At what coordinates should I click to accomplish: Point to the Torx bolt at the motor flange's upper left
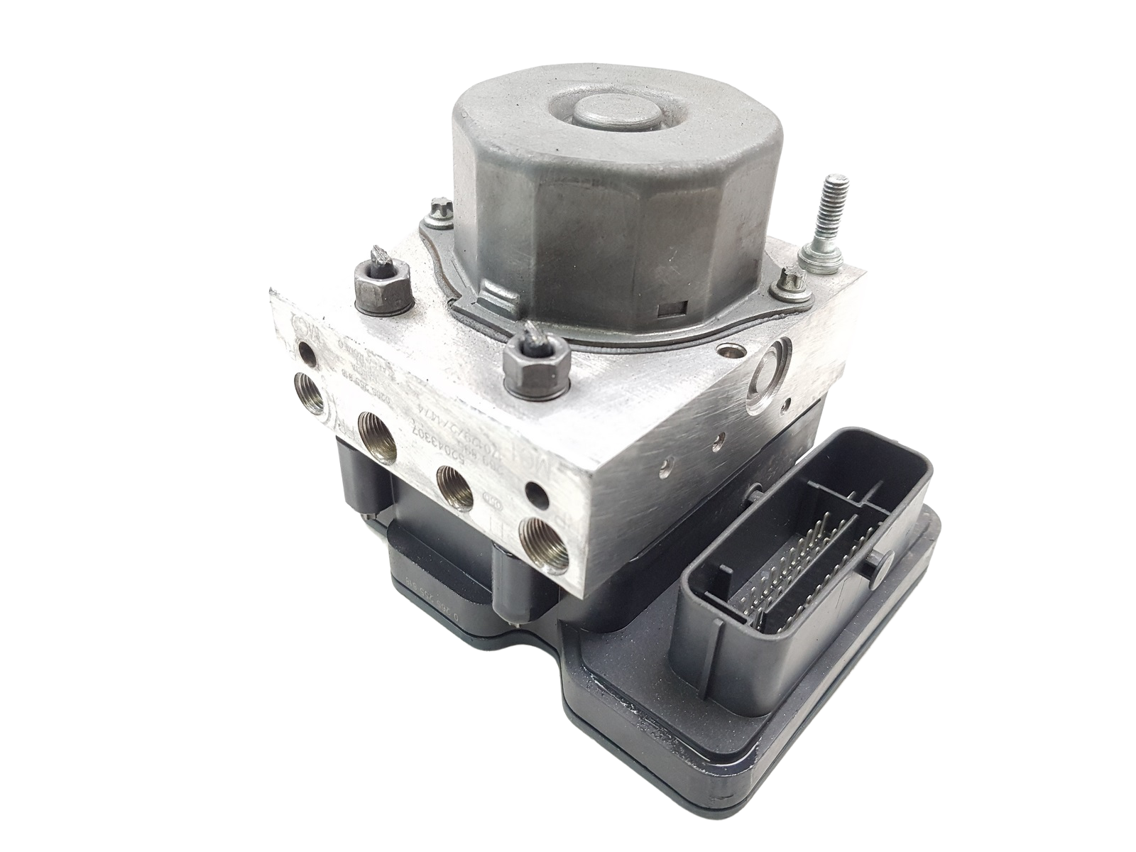(438, 208)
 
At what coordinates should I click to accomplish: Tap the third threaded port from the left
(455, 487)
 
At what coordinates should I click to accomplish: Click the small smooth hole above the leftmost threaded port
(306, 350)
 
